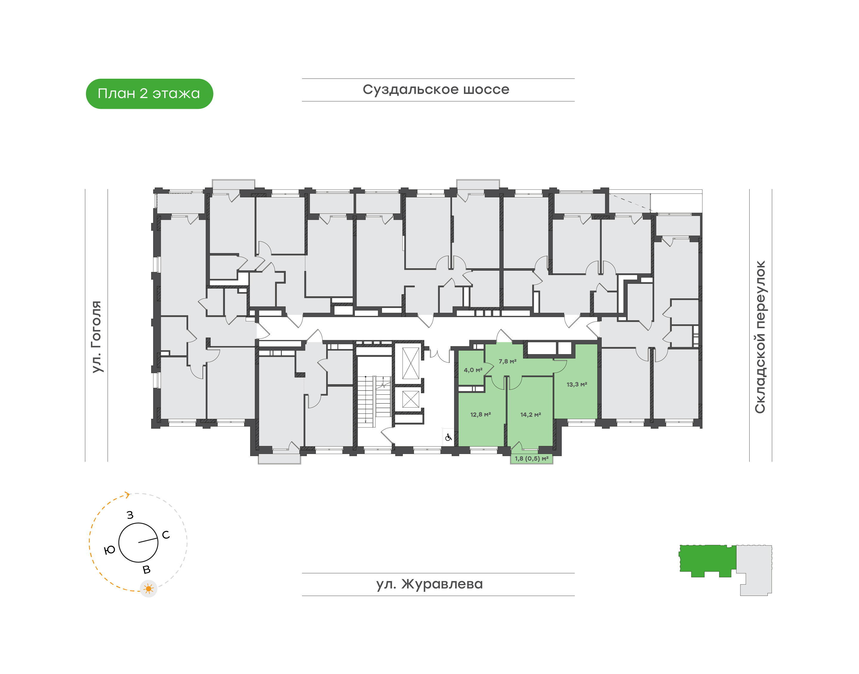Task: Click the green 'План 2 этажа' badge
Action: click(x=149, y=94)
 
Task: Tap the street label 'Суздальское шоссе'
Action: click(x=436, y=89)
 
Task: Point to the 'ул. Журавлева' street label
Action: click(x=429, y=584)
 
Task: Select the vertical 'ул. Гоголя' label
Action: click(x=96, y=337)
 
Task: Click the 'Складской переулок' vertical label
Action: click(x=760, y=337)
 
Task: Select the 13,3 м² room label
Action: click(x=577, y=384)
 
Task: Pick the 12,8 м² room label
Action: click(x=480, y=415)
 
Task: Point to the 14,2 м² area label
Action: click(x=530, y=415)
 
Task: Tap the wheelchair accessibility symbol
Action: click(x=448, y=438)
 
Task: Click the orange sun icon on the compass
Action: click(x=148, y=589)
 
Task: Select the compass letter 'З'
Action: click(x=130, y=515)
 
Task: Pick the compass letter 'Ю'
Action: click(x=110, y=550)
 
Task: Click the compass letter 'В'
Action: click(x=146, y=569)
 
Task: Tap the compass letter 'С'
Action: click(x=166, y=535)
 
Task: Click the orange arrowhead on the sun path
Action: click(x=127, y=495)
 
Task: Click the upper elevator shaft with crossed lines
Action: click(x=411, y=363)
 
